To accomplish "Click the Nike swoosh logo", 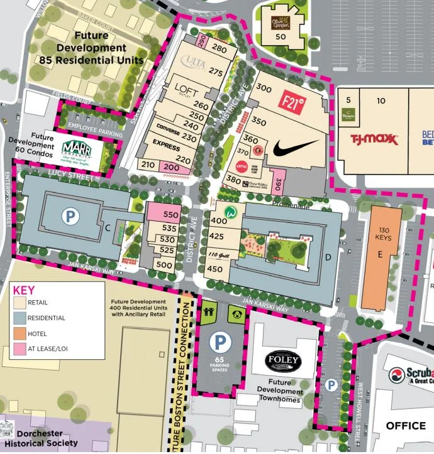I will (296, 149).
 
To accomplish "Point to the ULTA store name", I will (194, 60).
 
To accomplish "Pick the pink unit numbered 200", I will (170, 167).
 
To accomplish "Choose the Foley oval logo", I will (283, 360).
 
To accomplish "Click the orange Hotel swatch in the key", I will (20, 334).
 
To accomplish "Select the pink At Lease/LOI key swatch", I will (20, 350).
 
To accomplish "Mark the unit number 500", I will (164, 266).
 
